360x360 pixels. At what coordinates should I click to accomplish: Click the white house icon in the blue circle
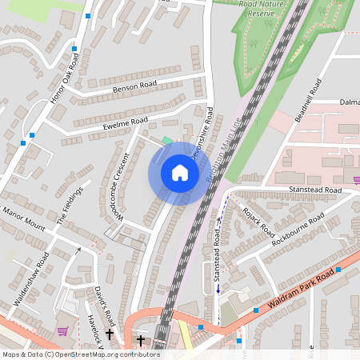pyautogui.click(x=180, y=173)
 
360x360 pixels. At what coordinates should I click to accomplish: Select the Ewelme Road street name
pyautogui.click(x=126, y=122)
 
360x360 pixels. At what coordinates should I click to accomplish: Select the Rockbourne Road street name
pyautogui.click(x=298, y=230)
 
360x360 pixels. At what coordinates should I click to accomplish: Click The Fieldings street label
pyautogui.click(x=69, y=206)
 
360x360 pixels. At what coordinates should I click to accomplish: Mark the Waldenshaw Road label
pyautogui.click(x=31, y=279)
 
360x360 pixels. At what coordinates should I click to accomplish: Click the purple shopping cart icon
pyautogui.click(x=62, y=331)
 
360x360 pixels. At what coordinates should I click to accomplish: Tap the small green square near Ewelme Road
pyautogui.click(x=166, y=141)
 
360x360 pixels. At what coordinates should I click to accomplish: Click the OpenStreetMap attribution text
pyautogui.click(x=80, y=354)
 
